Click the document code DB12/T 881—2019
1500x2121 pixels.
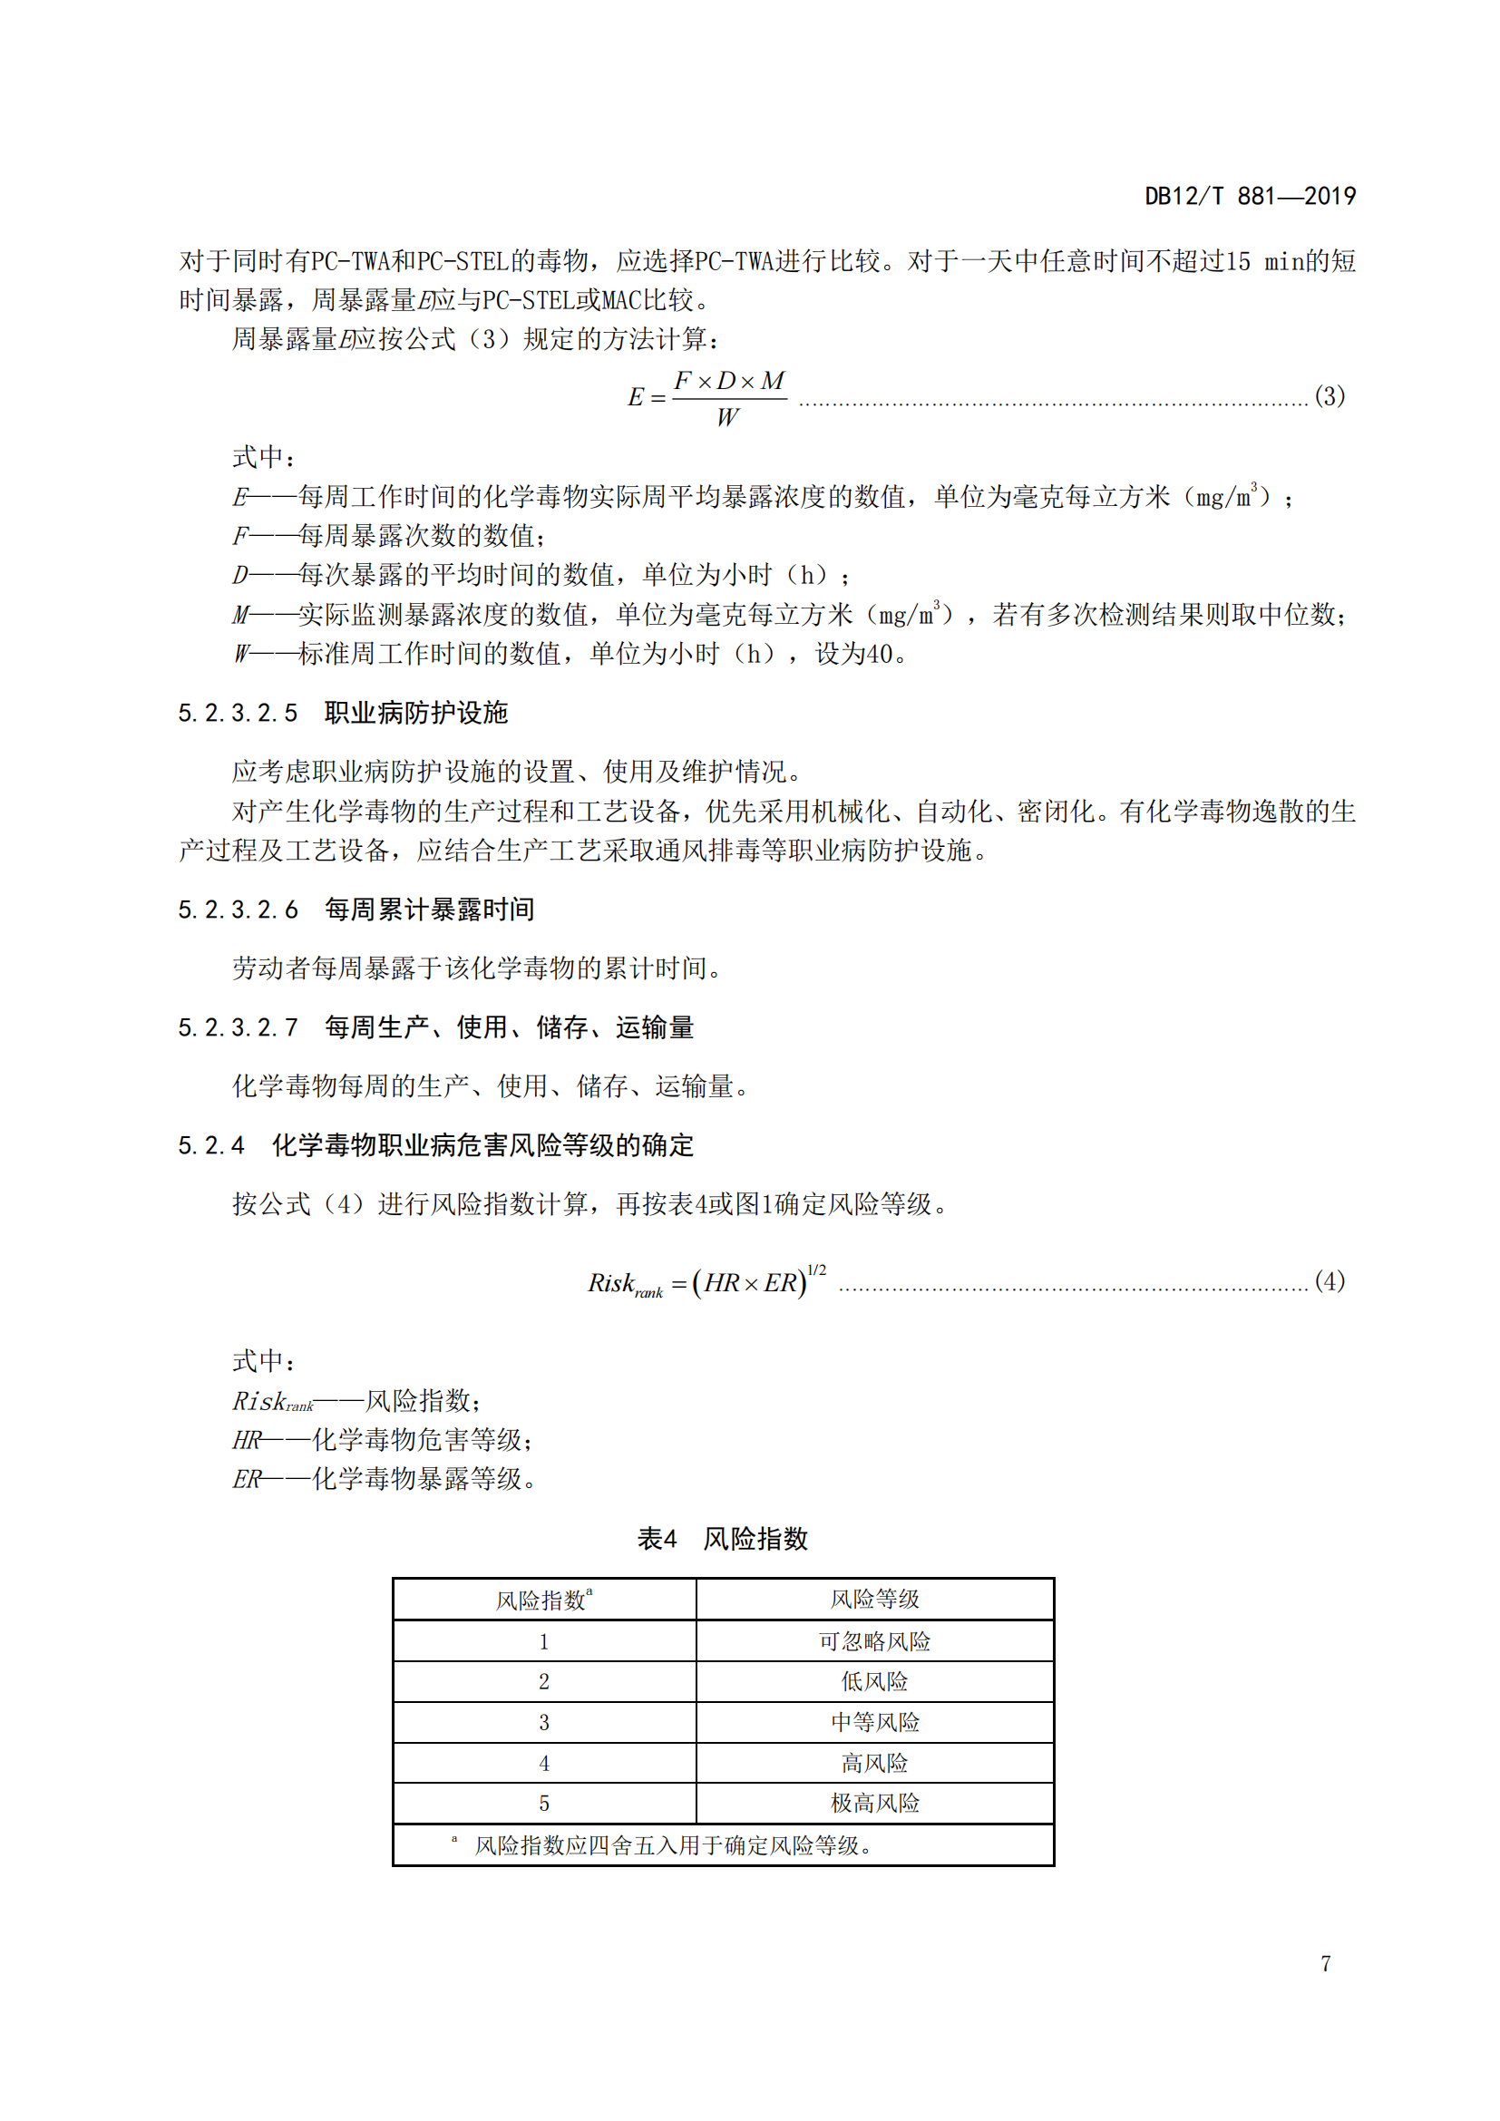pos(1250,196)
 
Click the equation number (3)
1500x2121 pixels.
pos(1330,396)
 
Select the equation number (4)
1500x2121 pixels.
pos(1330,1281)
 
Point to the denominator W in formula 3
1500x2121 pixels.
pos(727,418)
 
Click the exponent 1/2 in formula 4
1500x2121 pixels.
pos(816,1270)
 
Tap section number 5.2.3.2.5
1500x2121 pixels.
pos(239,713)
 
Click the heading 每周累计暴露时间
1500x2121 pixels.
pos(430,910)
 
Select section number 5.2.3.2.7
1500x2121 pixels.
pos(239,1027)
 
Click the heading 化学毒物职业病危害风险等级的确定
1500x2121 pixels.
pos(482,1145)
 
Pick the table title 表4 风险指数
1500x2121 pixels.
pos(722,1539)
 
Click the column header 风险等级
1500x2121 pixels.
pos(873,1599)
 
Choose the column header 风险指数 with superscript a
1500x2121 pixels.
pos(544,1600)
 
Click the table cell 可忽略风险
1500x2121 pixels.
pos(873,1641)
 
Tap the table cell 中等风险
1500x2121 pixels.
pos(873,1722)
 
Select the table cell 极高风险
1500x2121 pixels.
pos(873,1803)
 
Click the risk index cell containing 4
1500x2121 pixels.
pos(544,1764)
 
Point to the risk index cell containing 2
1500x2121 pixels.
pos(544,1682)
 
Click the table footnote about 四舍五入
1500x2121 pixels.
pos(672,1845)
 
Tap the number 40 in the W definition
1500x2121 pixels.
pos(880,654)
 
